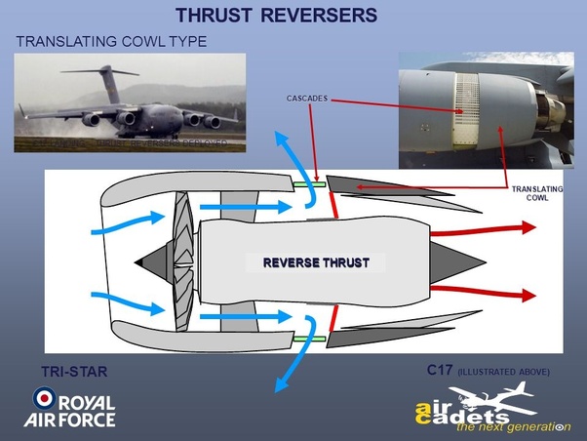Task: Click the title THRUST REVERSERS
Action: coord(275,17)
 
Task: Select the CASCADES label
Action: coord(307,99)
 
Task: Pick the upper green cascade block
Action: coord(309,182)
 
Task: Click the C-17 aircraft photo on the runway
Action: coord(129,102)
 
